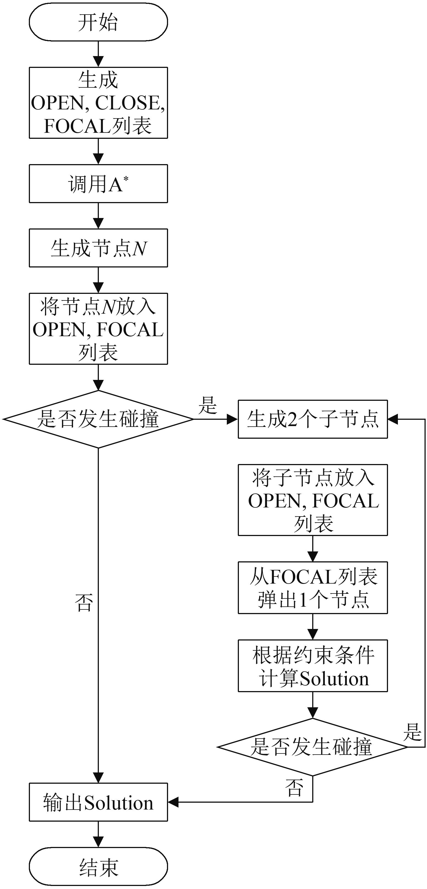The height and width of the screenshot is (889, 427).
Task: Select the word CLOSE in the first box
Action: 127,103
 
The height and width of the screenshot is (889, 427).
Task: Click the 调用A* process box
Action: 98,184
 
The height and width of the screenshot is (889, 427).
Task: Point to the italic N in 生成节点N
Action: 139,249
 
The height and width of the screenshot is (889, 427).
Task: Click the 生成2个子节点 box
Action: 312,419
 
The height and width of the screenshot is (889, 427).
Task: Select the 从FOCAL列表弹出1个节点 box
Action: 312,587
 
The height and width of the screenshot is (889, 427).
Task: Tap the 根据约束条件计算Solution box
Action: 312,666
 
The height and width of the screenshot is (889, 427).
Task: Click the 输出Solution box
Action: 98,802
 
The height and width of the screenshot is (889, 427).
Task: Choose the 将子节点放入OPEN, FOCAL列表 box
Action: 312,500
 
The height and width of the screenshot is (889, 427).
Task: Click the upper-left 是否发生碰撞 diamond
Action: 98,419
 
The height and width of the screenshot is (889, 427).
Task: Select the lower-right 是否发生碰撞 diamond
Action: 312,747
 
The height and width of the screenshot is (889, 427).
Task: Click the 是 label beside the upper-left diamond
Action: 208,405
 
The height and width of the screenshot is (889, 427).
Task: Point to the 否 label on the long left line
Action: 84,603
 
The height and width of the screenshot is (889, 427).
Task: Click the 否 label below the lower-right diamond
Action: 294,788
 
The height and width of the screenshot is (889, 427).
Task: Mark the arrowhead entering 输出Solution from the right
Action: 173,802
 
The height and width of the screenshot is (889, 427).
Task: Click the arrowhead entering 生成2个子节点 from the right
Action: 393,419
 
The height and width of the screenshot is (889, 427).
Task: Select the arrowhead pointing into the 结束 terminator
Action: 98,842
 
